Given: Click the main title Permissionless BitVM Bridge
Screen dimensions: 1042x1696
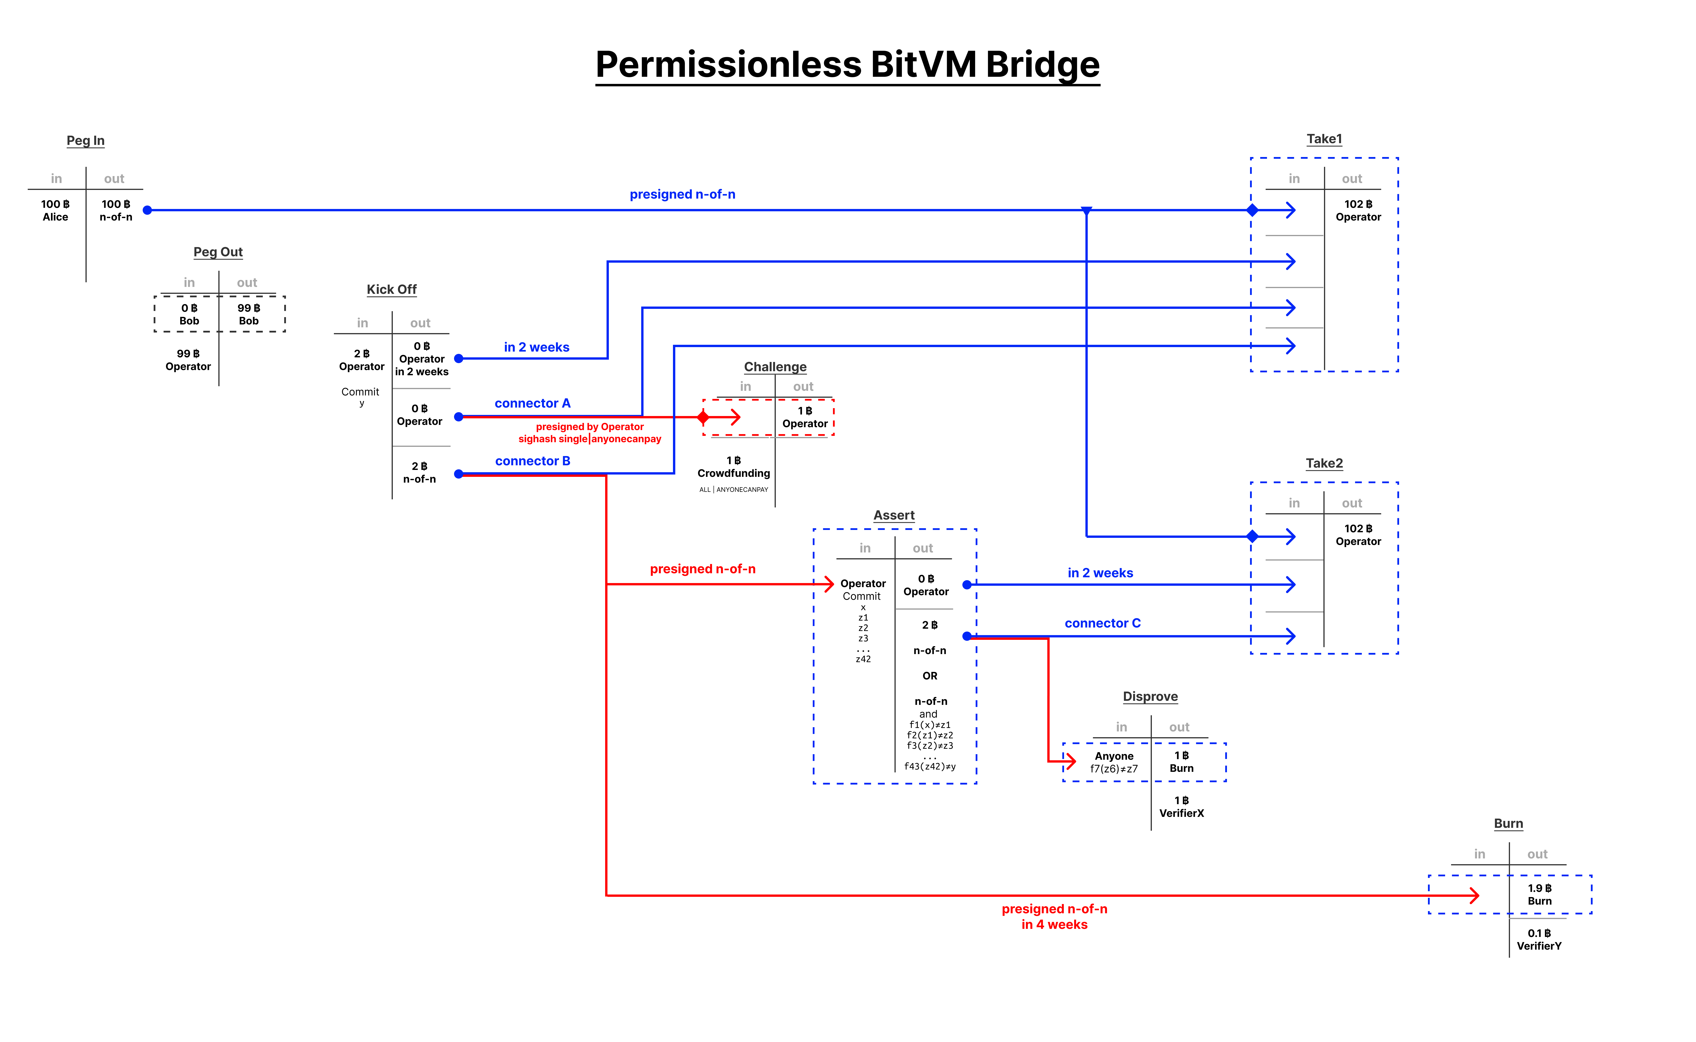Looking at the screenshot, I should pyautogui.click(x=847, y=65).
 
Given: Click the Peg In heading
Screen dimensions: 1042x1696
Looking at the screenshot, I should pyautogui.click(x=85, y=141).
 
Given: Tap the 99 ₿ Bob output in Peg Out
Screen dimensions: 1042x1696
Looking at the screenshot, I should pyautogui.click(x=249, y=314).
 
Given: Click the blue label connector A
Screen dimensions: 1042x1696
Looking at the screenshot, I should pyautogui.click(x=532, y=403).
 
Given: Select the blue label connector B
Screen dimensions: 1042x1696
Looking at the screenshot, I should pyautogui.click(x=532, y=461).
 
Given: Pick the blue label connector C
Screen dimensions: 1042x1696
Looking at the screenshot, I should pyautogui.click(x=1102, y=623).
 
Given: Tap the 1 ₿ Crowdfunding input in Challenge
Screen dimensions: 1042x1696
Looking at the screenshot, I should pyautogui.click(x=734, y=467).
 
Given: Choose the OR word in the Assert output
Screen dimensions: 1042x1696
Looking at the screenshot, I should pyautogui.click(x=929, y=676).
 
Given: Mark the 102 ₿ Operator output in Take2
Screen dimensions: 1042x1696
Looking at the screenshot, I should pyautogui.click(x=1358, y=535).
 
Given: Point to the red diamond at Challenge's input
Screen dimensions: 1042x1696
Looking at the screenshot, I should pyautogui.click(x=703, y=417).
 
